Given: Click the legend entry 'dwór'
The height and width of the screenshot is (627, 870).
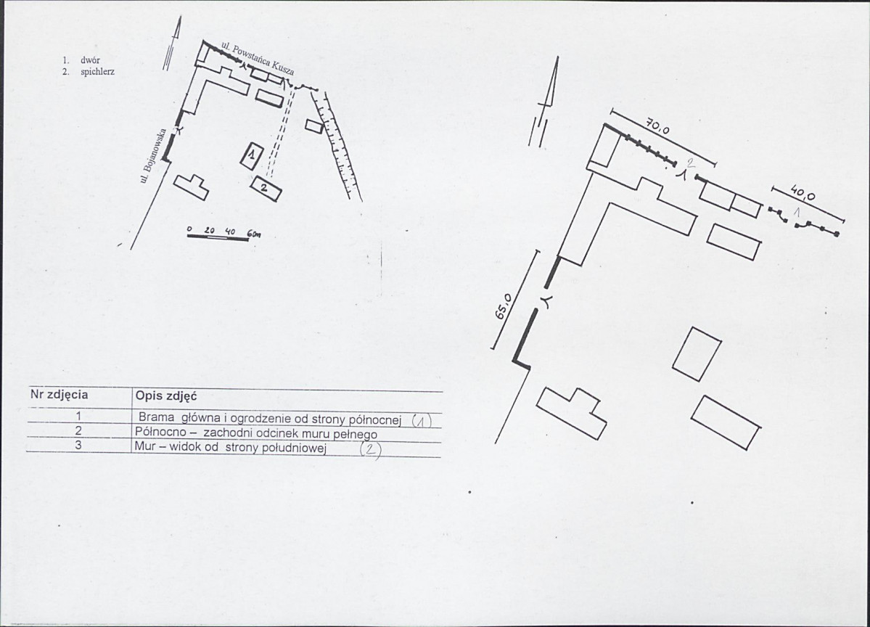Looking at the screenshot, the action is (90, 60).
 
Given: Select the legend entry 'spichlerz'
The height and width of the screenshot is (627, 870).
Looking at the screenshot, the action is (98, 72).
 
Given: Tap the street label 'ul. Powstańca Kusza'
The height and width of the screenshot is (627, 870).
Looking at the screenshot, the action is (258, 58).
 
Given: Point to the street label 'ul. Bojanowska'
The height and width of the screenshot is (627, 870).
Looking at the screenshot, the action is (153, 156).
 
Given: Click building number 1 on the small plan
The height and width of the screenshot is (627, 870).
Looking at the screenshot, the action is (251, 155).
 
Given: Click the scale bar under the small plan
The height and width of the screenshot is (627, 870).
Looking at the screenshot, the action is (218, 237).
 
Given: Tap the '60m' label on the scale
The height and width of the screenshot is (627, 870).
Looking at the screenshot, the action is (254, 234).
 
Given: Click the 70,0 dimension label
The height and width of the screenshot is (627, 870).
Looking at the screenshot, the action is (657, 127).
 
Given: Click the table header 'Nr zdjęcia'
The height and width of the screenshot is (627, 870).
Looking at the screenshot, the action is (59, 395).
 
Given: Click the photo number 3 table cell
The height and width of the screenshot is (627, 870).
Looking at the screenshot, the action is (78, 445).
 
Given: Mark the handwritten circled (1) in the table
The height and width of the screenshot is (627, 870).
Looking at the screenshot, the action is (422, 421).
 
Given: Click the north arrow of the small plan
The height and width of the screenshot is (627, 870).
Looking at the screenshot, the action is (173, 44).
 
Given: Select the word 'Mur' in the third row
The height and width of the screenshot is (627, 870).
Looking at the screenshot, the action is (143, 447).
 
